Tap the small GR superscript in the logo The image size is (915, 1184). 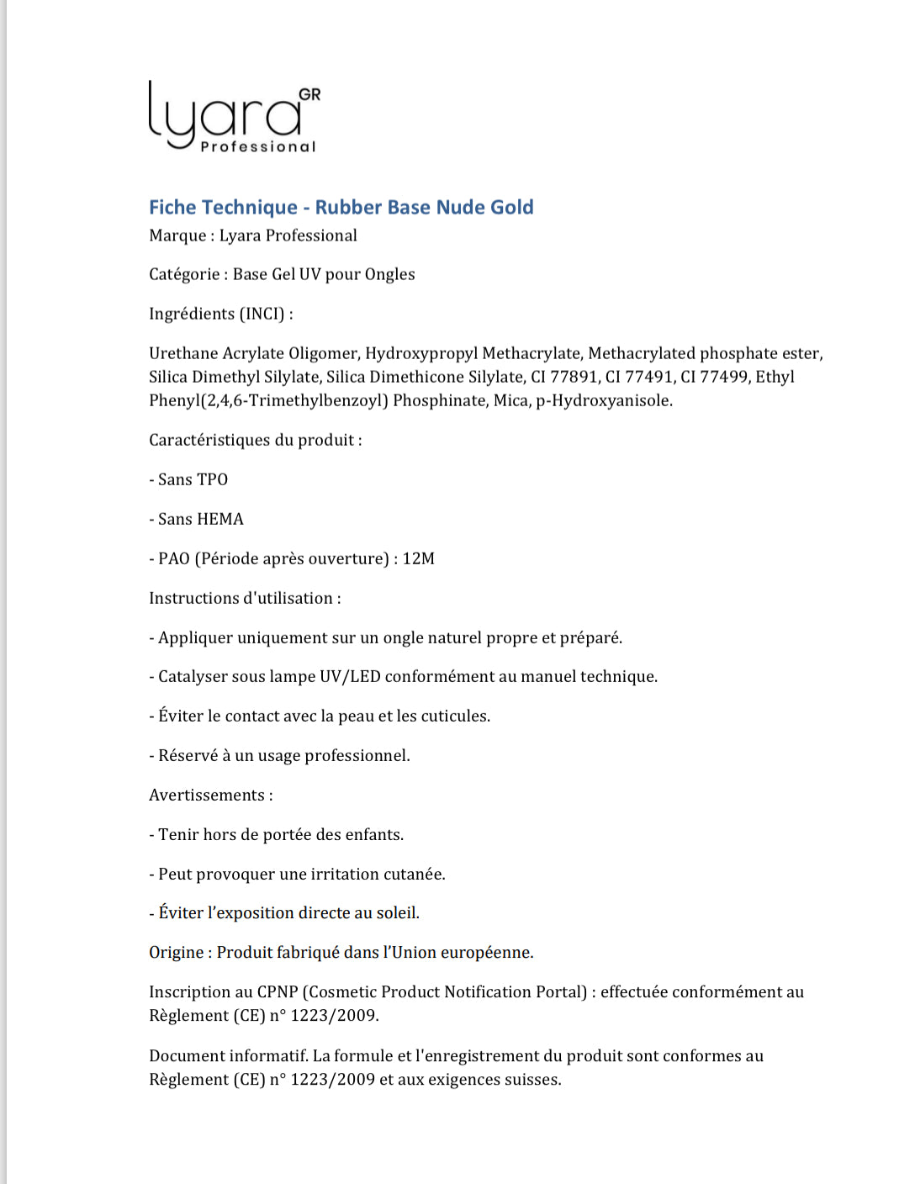coord(309,94)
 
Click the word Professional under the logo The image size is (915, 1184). coord(257,147)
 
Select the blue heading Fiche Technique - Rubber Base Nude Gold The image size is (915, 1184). coord(341,207)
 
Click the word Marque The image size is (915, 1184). coord(177,235)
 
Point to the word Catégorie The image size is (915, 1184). coord(184,274)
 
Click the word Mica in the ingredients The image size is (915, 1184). coord(510,400)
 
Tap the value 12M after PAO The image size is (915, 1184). coord(418,558)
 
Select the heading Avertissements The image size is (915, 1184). coord(207,795)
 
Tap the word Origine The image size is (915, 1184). coord(177,952)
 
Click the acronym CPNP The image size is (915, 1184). coord(278,991)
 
